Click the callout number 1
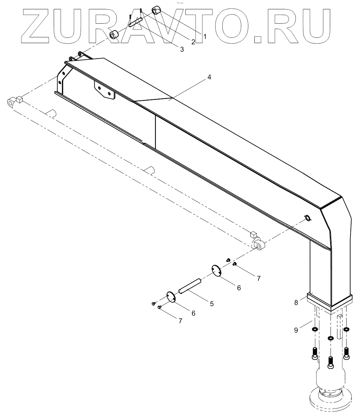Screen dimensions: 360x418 (205, 36)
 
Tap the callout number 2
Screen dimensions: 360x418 (193, 42)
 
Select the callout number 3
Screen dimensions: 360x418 (182, 49)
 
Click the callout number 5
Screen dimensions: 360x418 (212, 304)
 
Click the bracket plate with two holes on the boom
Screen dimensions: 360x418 (105, 90)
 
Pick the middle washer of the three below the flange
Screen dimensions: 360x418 (331, 337)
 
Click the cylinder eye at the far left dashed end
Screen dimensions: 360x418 (11, 103)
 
